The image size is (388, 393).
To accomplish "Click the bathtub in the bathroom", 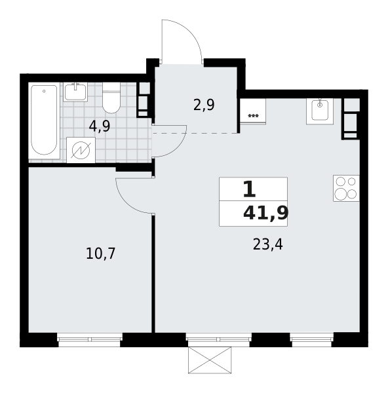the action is [x=44, y=120].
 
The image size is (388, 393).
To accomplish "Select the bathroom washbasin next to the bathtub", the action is [x=75, y=92].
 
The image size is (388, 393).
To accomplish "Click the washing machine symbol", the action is [x=81, y=150].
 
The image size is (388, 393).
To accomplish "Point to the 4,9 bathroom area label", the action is [x=100, y=126].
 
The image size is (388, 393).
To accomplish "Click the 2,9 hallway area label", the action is [x=204, y=105].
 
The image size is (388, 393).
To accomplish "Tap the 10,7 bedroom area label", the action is [x=100, y=253].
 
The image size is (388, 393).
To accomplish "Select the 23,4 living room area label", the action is [x=268, y=244].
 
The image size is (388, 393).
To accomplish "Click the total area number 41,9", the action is [x=266, y=214].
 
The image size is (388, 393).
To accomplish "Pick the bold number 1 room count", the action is [x=249, y=189].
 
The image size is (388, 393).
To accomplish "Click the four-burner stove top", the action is [x=346, y=188].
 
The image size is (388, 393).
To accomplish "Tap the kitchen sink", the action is [x=320, y=111].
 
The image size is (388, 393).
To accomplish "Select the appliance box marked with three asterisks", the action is [x=253, y=111].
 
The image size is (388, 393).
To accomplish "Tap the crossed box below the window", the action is [x=210, y=360].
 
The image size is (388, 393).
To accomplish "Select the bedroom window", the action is [x=90, y=339].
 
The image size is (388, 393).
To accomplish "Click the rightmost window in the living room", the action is [x=312, y=339].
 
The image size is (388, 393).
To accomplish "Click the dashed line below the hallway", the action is [x=195, y=134].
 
